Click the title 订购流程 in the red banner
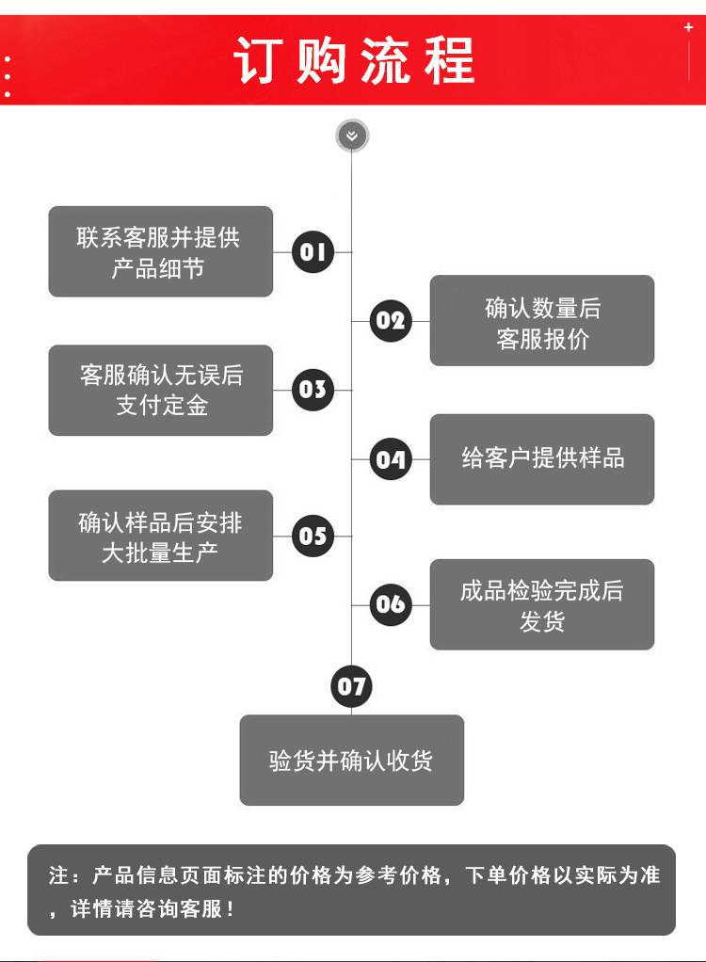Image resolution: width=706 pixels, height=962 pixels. [353, 60]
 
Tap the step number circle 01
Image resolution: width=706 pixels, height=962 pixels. [313, 252]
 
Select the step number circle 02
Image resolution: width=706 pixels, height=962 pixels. [391, 321]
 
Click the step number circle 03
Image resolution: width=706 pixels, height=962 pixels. [313, 390]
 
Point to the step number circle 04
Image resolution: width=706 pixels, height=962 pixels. [391, 459]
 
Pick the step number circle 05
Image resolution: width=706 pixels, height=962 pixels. [313, 536]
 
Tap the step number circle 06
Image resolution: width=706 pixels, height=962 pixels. [391, 604]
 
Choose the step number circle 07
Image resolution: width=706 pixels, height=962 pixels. [352, 686]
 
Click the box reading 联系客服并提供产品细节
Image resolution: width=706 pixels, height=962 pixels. [160, 252]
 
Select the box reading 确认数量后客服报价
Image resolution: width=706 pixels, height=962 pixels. [542, 321]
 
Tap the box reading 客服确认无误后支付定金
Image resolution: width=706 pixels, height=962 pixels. [160, 390]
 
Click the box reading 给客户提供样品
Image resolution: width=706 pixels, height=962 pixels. [542, 459]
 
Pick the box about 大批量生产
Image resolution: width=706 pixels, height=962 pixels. [160, 536]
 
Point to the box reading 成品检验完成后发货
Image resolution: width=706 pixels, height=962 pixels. [542, 604]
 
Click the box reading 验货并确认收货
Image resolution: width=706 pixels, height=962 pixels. [352, 761]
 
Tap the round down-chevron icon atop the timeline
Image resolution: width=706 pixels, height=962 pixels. [352, 136]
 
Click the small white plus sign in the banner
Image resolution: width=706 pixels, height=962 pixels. [688, 28]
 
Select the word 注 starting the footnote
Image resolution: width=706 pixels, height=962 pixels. [58, 875]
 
